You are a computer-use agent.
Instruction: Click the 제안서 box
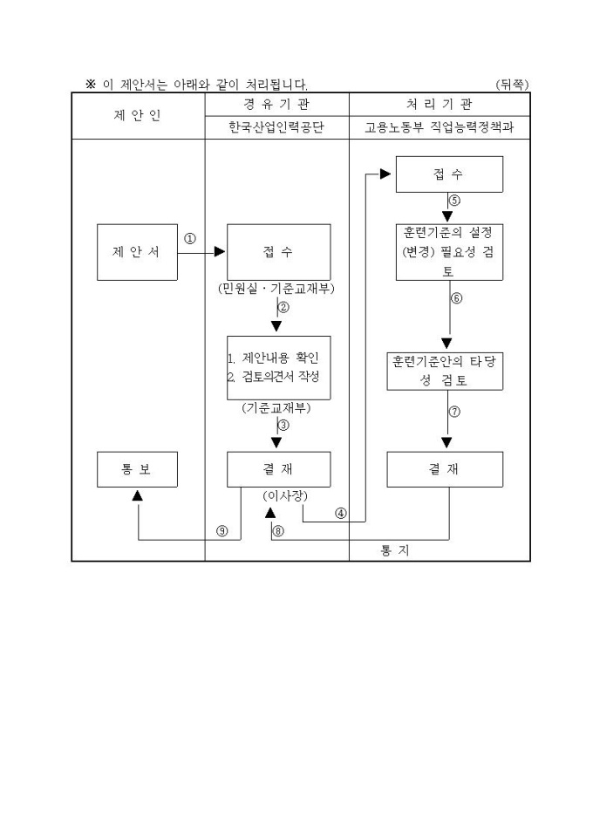(x=136, y=252)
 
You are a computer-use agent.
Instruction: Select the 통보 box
(x=136, y=469)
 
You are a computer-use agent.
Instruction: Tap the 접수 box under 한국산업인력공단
(x=278, y=252)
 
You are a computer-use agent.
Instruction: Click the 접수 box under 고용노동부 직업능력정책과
(x=449, y=174)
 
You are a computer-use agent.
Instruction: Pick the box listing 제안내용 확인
(x=278, y=367)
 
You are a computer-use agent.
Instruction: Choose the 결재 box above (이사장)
(x=278, y=469)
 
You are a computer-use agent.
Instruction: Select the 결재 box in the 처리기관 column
(x=445, y=469)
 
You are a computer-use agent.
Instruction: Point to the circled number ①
(x=190, y=238)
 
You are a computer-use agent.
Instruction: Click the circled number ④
(x=340, y=513)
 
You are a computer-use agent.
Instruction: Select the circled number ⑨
(x=222, y=532)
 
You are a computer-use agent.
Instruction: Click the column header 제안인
(x=138, y=115)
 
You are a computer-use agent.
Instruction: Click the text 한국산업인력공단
(x=276, y=127)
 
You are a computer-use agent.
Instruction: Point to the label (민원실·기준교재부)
(x=276, y=288)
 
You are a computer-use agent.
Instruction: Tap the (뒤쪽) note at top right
(x=511, y=85)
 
